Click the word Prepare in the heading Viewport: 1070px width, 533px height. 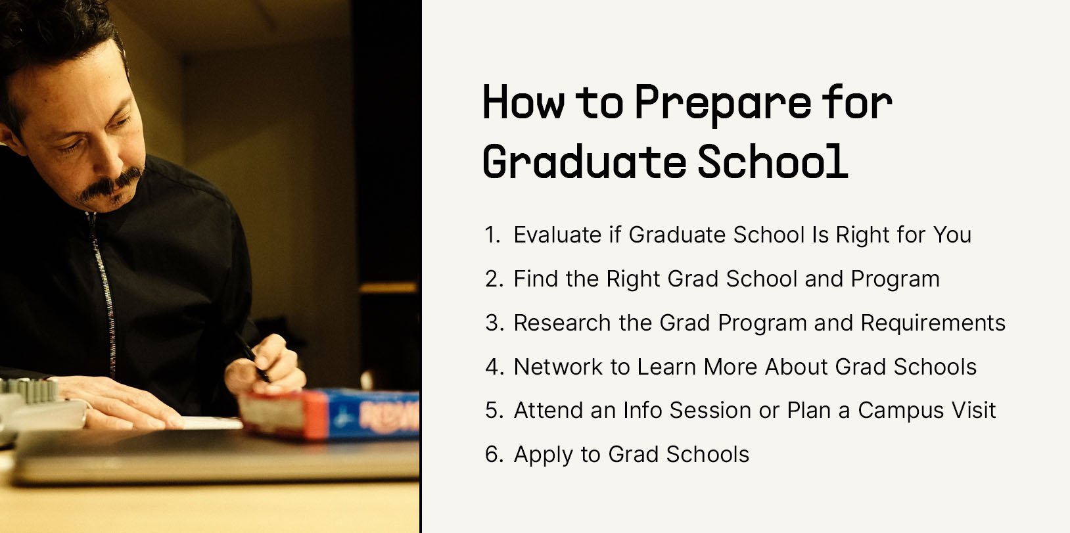[x=722, y=103]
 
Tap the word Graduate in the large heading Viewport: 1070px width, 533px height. [x=584, y=161]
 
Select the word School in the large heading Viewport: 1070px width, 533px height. [x=772, y=161]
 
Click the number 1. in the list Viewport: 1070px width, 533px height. [x=493, y=235]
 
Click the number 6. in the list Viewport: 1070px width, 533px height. [x=494, y=454]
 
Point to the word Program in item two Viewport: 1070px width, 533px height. [x=895, y=279]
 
